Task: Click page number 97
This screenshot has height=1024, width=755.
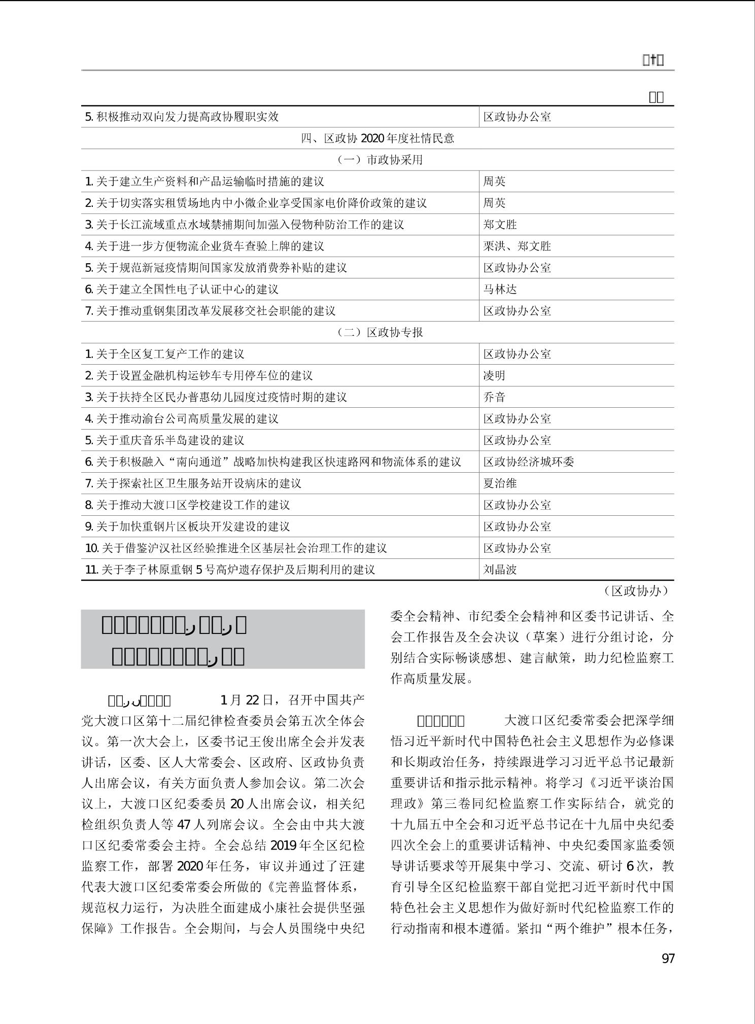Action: pyautogui.click(x=668, y=958)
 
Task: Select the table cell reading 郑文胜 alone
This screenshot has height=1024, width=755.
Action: pyautogui.click(x=500, y=224)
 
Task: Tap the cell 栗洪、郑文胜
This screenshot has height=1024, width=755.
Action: pyautogui.click(x=517, y=246)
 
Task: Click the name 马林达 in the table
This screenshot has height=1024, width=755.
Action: pyautogui.click(x=500, y=289)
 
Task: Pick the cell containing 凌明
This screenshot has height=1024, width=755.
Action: pyautogui.click(x=494, y=375)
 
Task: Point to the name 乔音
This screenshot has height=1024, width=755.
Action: pyautogui.click(x=494, y=397)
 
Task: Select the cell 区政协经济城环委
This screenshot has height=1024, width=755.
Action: pyautogui.click(x=528, y=462)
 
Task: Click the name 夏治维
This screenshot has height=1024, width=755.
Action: pyautogui.click(x=500, y=483)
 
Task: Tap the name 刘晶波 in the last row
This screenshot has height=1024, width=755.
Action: pyautogui.click(x=500, y=569)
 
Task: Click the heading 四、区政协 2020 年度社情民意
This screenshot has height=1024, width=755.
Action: pyautogui.click(x=378, y=138)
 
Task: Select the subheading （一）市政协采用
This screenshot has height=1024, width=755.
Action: pyautogui.click(x=378, y=160)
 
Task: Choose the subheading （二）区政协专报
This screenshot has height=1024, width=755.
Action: pyautogui.click(x=378, y=332)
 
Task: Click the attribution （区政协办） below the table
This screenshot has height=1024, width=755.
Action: pyautogui.click(x=636, y=590)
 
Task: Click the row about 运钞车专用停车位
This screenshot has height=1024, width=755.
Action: pyautogui.click(x=198, y=375)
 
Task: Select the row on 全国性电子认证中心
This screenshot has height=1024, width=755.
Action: pyautogui.click(x=182, y=289)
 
